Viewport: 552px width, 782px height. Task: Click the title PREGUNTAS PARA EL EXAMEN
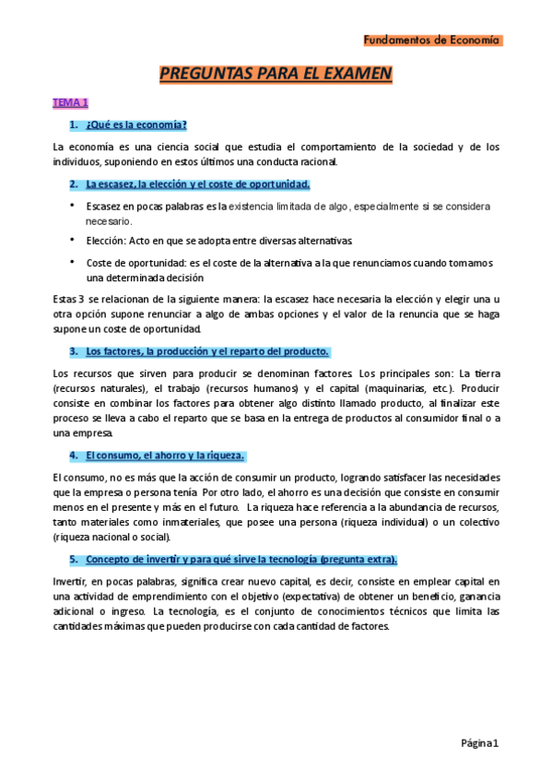click(x=276, y=74)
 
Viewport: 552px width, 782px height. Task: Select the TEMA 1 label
click(x=70, y=102)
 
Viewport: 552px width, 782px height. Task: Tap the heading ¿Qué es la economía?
click(x=135, y=124)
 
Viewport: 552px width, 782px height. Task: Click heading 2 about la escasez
click(x=197, y=184)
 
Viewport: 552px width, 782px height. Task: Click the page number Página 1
click(x=479, y=742)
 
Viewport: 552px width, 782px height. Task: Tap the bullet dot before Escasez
click(x=73, y=206)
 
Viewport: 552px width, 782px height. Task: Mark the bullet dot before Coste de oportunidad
click(x=73, y=261)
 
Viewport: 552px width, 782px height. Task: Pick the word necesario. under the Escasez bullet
click(x=110, y=221)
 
